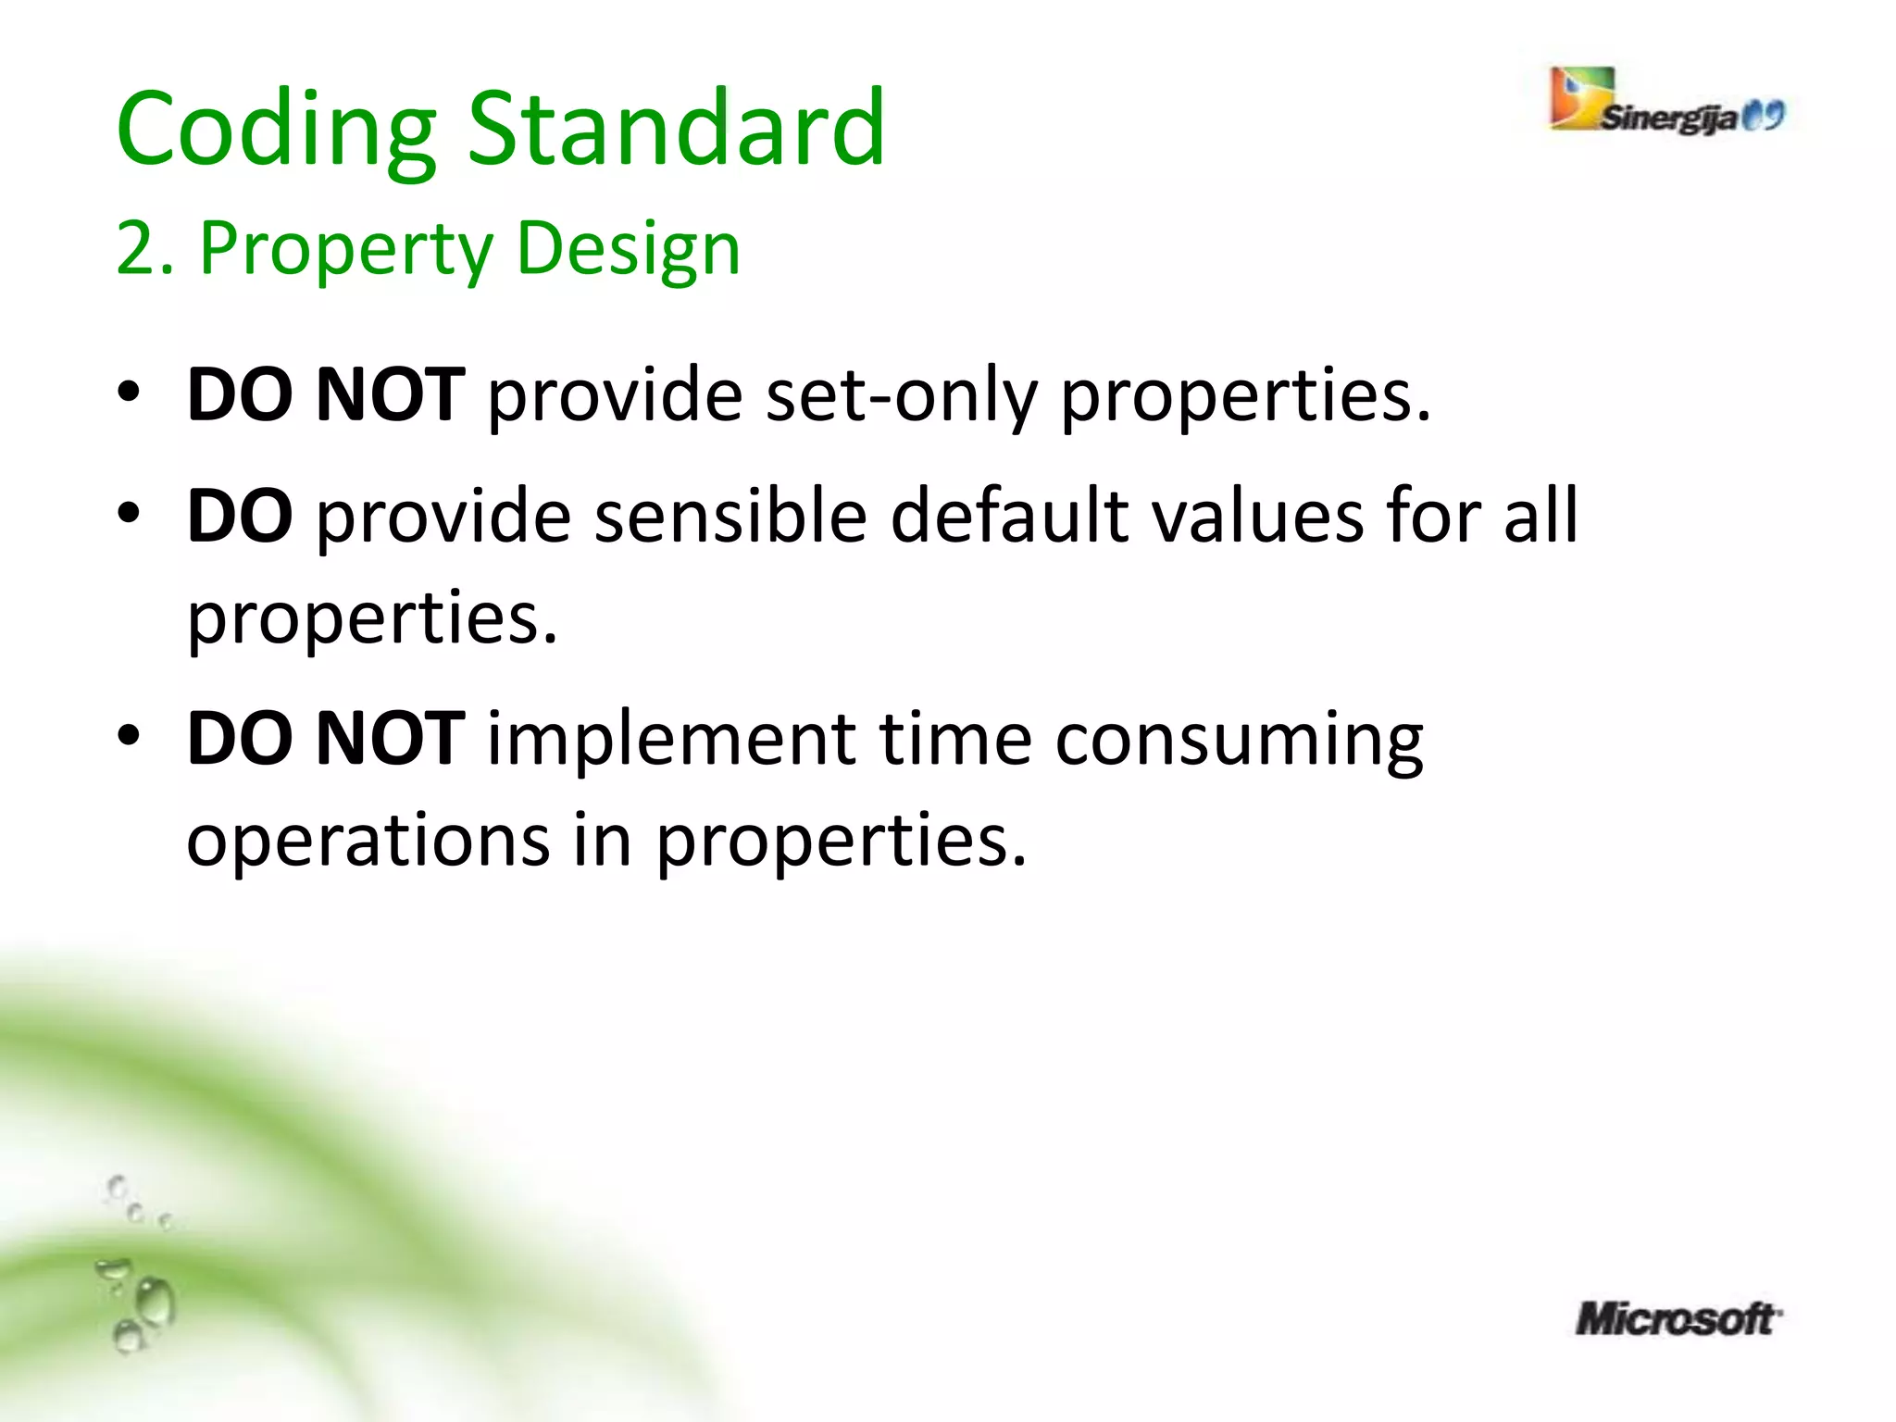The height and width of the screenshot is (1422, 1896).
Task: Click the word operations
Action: click(368, 841)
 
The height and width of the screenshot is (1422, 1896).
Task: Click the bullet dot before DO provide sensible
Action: click(129, 512)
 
